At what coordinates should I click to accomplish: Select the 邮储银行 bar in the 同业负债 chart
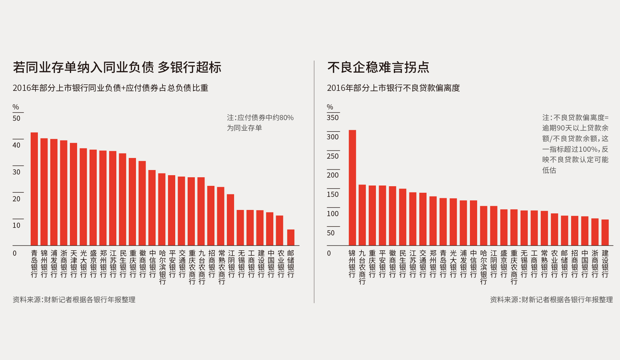coord(291,237)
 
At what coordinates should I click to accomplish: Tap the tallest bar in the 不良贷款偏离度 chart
coord(352,188)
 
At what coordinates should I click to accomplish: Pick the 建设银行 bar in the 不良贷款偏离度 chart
coord(605,232)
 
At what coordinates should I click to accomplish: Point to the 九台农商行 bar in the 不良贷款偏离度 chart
coord(362,215)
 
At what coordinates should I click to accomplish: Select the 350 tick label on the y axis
coord(333,118)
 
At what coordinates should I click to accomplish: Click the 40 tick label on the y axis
coord(17,145)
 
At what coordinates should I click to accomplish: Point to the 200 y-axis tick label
coord(333,175)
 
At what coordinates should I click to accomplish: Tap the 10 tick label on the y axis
coord(17,225)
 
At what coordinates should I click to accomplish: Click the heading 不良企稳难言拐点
coord(378,67)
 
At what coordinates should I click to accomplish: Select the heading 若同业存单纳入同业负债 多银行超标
coord(117,67)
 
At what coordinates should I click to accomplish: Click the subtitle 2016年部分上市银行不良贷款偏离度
coord(393,88)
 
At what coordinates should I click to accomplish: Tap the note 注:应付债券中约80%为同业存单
coord(260,123)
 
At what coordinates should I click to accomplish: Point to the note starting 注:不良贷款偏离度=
coord(575,144)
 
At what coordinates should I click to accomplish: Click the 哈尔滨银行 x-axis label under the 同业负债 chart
coord(162,267)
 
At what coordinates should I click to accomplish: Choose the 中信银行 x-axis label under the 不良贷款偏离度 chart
coord(473,264)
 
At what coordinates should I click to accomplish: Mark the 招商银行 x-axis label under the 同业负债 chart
coord(211,264)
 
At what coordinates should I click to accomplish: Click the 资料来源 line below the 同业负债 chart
coord(74,300)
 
